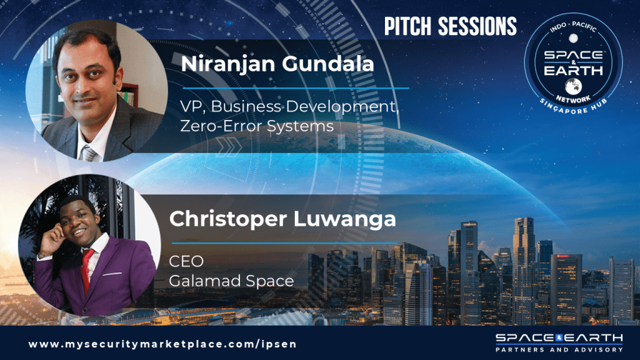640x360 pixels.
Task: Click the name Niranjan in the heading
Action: point(227,65)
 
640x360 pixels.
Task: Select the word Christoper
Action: point(228,220)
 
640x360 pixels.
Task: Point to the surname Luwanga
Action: point(345,220)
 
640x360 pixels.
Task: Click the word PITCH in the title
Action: point(407,26)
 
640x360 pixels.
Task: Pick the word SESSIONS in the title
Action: point(477,26)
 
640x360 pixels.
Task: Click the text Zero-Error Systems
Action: point(257,126)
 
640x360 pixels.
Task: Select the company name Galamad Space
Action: point(231,281)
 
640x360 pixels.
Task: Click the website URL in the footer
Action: point(162,344)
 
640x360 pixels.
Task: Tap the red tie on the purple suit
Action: point(87,270)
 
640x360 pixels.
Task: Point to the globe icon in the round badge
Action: point(574,86)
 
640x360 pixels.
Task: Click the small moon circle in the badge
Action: point(574,38)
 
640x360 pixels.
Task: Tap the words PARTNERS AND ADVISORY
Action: point(559,350)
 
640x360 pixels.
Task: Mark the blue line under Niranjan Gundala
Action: point(296,87)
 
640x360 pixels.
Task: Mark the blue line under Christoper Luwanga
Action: point(284,243)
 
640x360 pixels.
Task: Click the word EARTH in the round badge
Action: point(574,71)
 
